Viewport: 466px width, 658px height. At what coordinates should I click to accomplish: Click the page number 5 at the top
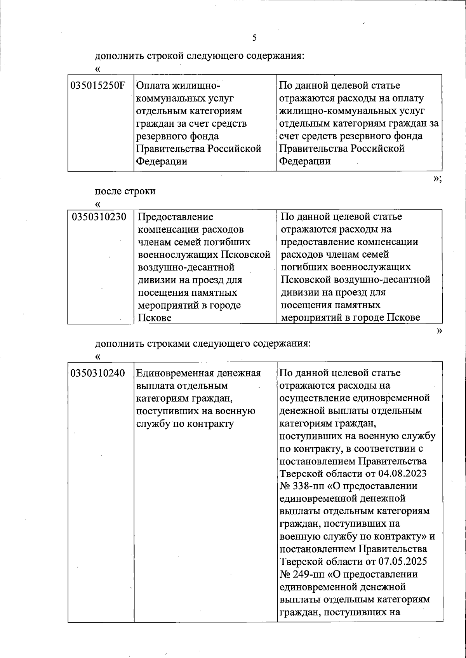pyautogui.click(x=254, y=38)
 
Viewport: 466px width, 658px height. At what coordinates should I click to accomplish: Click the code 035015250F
pyautogui.click(x=98, y=86)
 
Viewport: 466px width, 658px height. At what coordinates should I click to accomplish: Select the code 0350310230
pyautogui.click(x=99, y=217)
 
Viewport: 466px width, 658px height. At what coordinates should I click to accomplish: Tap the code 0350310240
pyautogui.click(x=98, y=374)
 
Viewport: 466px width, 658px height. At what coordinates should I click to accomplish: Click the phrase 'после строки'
pyautogui.click(x=125, y=191)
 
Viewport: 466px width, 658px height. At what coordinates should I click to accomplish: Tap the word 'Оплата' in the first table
pyautogui.click(x=153, y=86)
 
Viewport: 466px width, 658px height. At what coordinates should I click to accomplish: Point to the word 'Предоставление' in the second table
pyautogui.click(x=176, y=217)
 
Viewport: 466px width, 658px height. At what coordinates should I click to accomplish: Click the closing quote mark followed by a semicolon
pyautogui.click(x=437, y=178)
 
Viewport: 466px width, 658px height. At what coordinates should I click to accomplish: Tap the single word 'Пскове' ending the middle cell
pyautogui.click(x=155, y=318)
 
